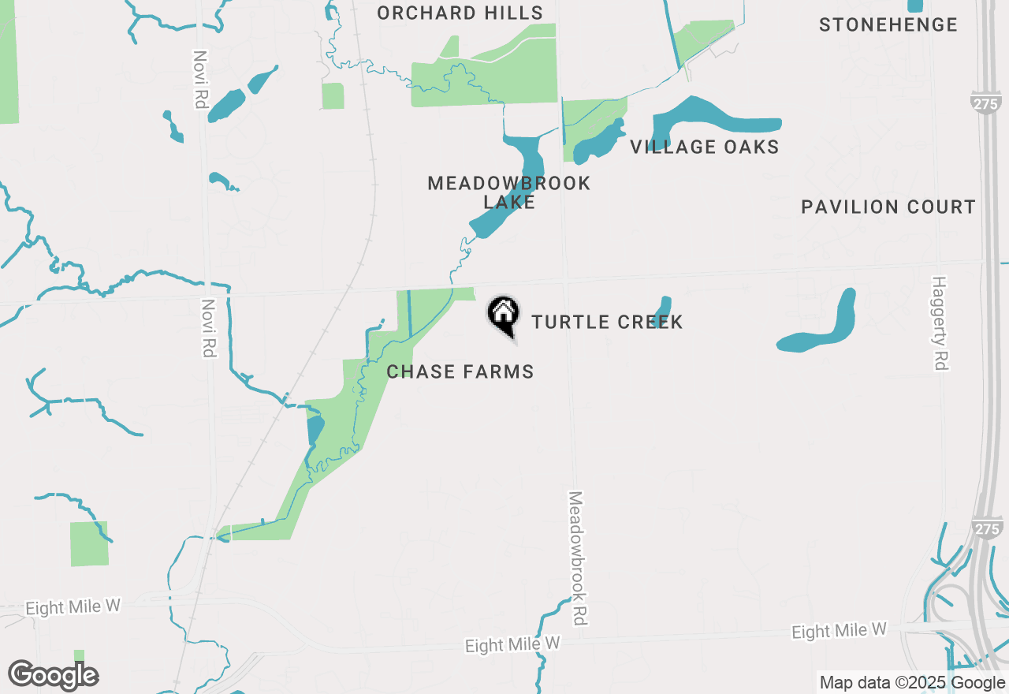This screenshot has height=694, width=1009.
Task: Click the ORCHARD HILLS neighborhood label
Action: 460,13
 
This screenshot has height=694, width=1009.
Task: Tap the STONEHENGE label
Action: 888,24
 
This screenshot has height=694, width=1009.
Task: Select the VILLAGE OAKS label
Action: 704,147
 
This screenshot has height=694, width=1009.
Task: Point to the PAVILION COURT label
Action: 888,207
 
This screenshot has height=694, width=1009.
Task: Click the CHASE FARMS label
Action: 460,371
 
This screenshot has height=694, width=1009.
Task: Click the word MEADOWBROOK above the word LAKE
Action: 508,183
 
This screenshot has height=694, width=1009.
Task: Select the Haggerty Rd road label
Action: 939,323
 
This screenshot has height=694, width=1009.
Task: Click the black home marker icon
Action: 503,315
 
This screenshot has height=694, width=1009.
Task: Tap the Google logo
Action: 53,676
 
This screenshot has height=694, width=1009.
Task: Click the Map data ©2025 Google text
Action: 912,683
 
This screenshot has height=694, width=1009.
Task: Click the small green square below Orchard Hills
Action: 333,96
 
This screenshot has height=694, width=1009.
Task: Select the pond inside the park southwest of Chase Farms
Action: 315,429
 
